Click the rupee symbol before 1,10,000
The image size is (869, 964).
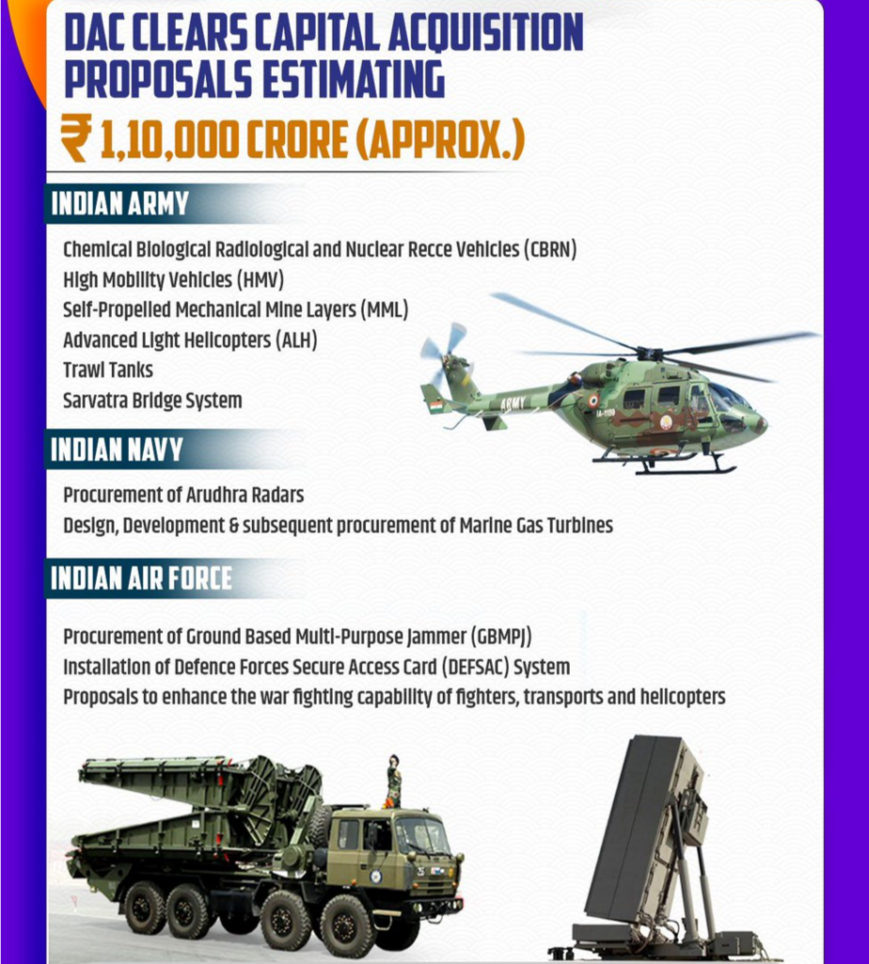point(76,137)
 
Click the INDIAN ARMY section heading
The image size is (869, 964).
point(119,204)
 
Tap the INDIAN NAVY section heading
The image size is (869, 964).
point(117,449)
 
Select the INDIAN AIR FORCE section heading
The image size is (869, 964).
point(141,579)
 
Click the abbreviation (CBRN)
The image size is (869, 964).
point(550,249)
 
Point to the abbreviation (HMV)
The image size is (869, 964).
point(261,281)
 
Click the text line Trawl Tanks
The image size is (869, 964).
point(108,370)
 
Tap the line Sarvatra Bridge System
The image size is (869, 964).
point(153,401)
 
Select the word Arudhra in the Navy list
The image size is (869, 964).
point(216,495)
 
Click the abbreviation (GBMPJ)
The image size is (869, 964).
point(501,637)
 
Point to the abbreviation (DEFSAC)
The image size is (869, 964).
point(475,667)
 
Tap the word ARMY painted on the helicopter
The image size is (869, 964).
point(513,404)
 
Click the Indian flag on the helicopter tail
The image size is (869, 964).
point(436,406)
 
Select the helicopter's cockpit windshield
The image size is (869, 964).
point(730,396)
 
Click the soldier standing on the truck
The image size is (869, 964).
point(392,780)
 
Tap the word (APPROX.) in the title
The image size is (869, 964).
point(440,139)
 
